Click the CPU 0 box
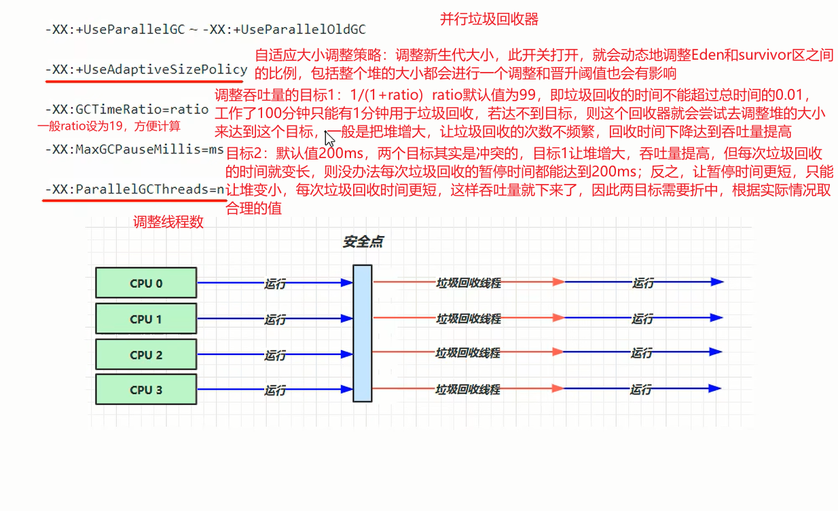tap(146, 283)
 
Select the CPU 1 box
tap(146, 319)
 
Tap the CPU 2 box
tap(146, 354)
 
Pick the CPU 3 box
tap(146, 390)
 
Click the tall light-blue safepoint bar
tap(363, 333)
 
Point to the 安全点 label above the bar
tap(363, 242)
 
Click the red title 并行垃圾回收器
tap(489, 19)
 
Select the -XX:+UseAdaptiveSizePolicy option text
tap(146, 69)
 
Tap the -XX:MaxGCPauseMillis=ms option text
tap(134, 149)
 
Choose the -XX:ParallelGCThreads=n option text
tap(135, 189)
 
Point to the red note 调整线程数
tap(168, 222)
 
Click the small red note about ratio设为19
tap(109, 126)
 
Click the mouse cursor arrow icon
tap(329, 138)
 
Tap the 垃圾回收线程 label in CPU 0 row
tap(468, 283)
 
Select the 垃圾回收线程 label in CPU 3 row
tap(468, 390)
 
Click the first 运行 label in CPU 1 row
tap(275, 319)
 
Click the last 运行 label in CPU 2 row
tap(642, 354)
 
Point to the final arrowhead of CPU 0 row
tap(716, 282)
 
